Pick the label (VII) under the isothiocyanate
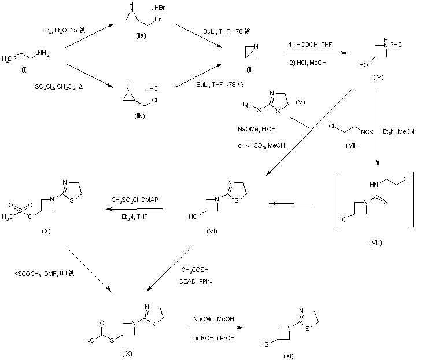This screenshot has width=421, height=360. point(350,145)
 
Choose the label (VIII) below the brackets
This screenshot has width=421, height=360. point(375,243)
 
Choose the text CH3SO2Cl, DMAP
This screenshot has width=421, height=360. point(135,200)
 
